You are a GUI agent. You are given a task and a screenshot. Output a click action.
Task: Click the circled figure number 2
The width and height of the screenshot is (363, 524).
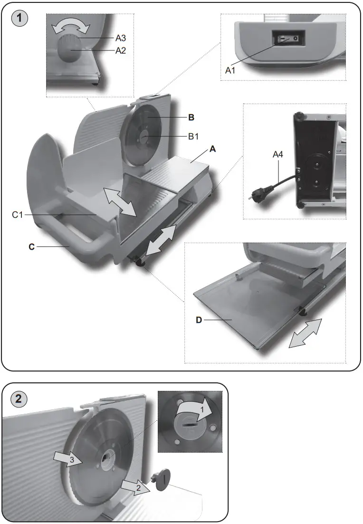tap(19, 399)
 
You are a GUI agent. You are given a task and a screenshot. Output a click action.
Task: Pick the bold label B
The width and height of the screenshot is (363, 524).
tap(191, 116)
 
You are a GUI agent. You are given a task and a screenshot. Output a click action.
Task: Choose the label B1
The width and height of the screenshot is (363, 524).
tap(193, 136)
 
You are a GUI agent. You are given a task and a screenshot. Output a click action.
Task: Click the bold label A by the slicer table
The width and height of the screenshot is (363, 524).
tap(213, 149)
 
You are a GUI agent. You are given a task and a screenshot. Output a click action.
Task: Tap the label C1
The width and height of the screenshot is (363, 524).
tap(18, 215)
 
